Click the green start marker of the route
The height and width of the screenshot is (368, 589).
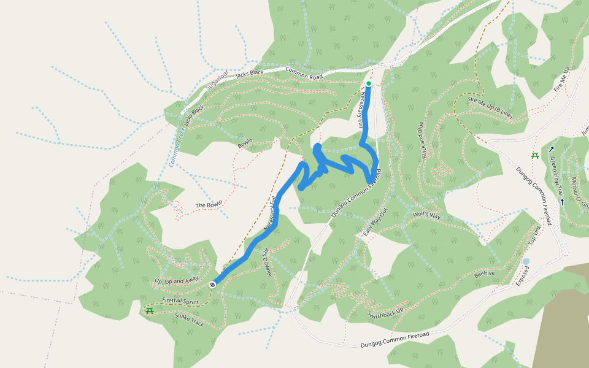[368, 83]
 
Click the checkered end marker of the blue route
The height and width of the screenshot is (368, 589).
[212, 284]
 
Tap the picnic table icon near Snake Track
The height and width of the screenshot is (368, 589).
[150, 310]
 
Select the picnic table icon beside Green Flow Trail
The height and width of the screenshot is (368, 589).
[535, 156]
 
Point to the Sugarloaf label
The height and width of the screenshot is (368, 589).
[216, 79]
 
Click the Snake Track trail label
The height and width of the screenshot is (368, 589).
[188, 320]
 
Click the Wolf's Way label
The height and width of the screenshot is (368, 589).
[426, 215]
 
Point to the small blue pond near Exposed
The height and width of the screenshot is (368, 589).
[526, 262]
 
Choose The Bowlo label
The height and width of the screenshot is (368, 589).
[209, 204]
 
